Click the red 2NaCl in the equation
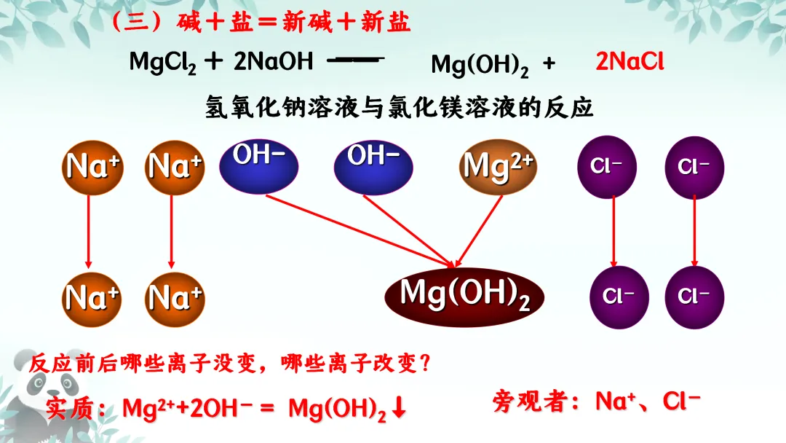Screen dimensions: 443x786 point(630,62)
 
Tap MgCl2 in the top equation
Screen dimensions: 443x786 point(162,63)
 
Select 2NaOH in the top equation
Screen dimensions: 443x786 point(273,62)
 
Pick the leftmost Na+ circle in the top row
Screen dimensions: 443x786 point(92,166)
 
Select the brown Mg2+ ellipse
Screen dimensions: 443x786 point(499,167)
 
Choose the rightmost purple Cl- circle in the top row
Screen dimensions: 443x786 point(694,167)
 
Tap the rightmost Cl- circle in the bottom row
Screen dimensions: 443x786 point(694,297)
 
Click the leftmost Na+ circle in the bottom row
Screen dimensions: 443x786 point(92,297)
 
